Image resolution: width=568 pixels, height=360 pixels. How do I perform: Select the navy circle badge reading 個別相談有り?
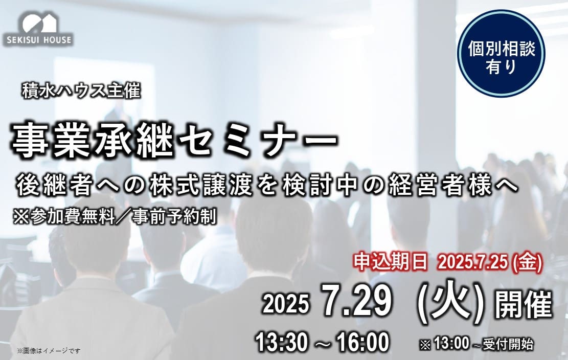pyautogui.click(x=502, y=54)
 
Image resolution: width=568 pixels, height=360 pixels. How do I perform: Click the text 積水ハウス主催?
pyautogui.click(x=81, y=91)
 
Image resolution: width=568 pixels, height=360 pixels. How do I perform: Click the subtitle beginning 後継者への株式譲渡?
pyautogui.click(x=267, y=185)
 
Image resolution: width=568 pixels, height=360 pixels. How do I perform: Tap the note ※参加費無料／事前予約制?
pyautogui.click(x=115, y=217)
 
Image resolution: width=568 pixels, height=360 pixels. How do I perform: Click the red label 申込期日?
pyautogui.click(x=391, y=262)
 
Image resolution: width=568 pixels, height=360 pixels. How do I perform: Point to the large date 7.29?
pyautogui.click(x=357, y=301)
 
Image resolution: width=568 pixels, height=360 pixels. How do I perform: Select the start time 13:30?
pyautogui.click(x=282, y=342)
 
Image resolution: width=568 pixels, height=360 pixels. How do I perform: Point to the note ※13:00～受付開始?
pyautogui.click(x=476, y=344)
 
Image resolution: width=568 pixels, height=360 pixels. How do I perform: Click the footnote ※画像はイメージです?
pyautogui.click(x=49, y=351)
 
